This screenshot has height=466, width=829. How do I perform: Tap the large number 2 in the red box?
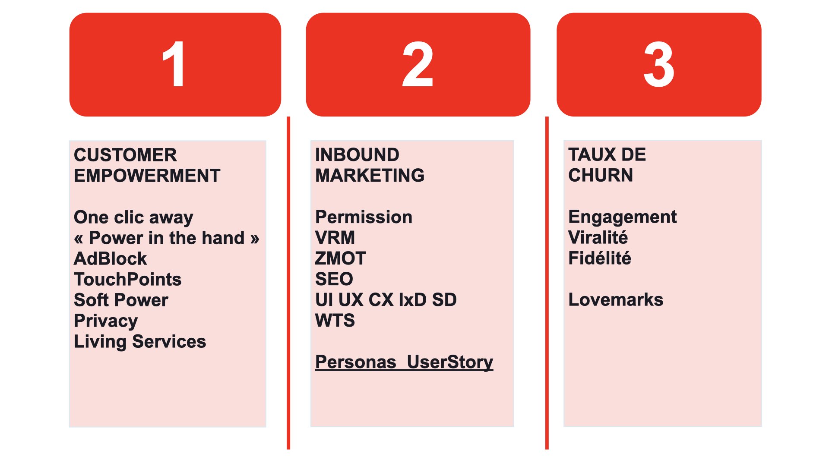[418, 64]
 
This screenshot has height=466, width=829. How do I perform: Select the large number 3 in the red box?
[659, 64]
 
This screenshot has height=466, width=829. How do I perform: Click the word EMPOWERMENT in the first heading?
[147, 176]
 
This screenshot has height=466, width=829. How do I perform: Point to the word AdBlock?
[111, 258]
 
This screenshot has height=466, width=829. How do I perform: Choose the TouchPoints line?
[128, 279]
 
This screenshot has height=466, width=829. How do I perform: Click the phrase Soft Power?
[121, 300]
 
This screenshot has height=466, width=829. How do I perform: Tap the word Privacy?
[106, 321]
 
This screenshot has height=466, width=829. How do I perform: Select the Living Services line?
[140, 342]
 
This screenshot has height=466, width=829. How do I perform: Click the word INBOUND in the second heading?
[358, 154]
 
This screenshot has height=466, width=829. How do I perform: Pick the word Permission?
[364, 217]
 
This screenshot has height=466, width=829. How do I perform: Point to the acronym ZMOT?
[341, 258]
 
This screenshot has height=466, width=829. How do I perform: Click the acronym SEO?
[334, 279]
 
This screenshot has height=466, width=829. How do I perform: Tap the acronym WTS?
[335, 320]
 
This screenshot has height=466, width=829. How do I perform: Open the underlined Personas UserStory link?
[404, 362]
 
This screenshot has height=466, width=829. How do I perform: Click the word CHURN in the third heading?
[601, 175]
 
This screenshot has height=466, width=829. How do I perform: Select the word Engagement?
[623, 217]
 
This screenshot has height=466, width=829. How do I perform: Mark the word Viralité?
[598, 237]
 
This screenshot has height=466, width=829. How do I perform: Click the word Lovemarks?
[616, 299]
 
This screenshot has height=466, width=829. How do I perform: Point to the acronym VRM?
[335, 237]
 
